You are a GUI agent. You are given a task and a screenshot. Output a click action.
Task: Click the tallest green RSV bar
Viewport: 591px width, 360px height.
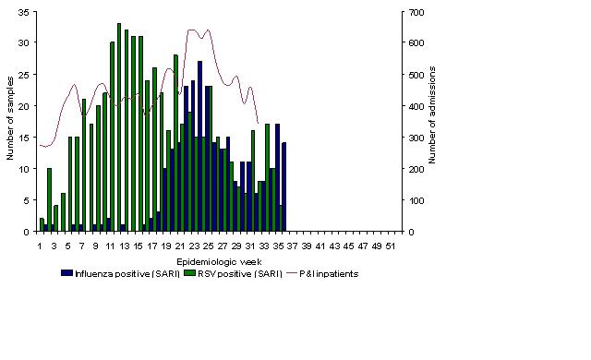click(119, 127)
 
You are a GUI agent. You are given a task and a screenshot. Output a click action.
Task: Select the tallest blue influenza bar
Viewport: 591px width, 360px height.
click(199, 146)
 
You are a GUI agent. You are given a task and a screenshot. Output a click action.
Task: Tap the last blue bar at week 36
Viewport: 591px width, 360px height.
click(284, 186)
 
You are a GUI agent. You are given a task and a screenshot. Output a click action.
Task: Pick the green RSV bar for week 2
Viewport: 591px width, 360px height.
click(49, 199)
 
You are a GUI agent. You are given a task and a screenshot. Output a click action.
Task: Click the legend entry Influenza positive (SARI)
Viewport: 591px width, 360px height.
click(121, 274)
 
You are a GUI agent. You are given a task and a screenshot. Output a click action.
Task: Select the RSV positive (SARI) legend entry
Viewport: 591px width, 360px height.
click(233, 274)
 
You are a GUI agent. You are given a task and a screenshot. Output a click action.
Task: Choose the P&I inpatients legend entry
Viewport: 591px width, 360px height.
click(323, 274)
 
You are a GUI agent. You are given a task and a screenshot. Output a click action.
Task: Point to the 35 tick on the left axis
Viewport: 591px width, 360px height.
click(23, 12)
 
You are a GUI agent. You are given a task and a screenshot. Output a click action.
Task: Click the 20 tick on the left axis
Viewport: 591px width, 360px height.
click(23, 106)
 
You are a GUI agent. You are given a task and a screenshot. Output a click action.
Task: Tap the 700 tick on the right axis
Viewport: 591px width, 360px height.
click(416, 12)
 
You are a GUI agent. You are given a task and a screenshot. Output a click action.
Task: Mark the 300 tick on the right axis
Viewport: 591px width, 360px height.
click(416, 138)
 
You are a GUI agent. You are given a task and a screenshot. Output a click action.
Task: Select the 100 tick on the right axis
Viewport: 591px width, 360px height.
click(416, 200)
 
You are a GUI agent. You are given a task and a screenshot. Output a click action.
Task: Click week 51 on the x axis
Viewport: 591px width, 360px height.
click(391, 246)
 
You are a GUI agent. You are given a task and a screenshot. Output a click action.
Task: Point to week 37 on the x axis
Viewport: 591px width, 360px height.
click(292, 246)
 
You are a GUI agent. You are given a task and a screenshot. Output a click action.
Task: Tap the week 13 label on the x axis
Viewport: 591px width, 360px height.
click(124, 246)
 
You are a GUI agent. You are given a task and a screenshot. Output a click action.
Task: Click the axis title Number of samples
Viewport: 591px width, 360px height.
click(10, 118)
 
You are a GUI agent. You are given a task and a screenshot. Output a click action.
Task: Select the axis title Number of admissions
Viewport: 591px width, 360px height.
click(432, 114)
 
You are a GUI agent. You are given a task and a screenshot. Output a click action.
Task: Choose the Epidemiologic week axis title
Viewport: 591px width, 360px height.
click(219, 262)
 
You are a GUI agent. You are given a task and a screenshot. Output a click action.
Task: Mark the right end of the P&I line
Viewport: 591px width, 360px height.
click(258, 123)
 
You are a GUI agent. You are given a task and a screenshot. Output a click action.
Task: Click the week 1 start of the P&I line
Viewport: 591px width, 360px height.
click(40, 145)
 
